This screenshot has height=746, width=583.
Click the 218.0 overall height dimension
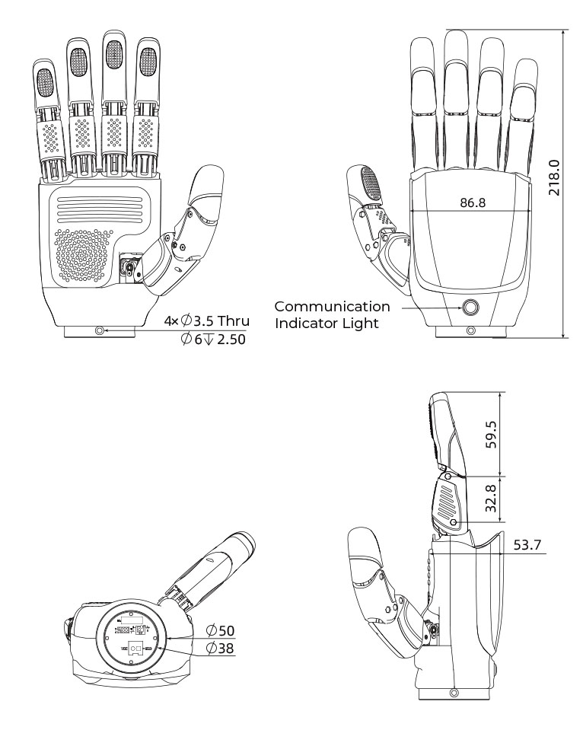(555, 178)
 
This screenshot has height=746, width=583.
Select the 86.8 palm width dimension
(473, 202)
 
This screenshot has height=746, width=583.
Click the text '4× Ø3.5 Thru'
(206, 321)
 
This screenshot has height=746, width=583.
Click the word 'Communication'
(332, 306)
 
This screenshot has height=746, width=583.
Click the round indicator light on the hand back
(470, 308)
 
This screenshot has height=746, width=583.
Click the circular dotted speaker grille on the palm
(81, 257)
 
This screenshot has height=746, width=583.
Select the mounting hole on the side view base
(454, 693)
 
